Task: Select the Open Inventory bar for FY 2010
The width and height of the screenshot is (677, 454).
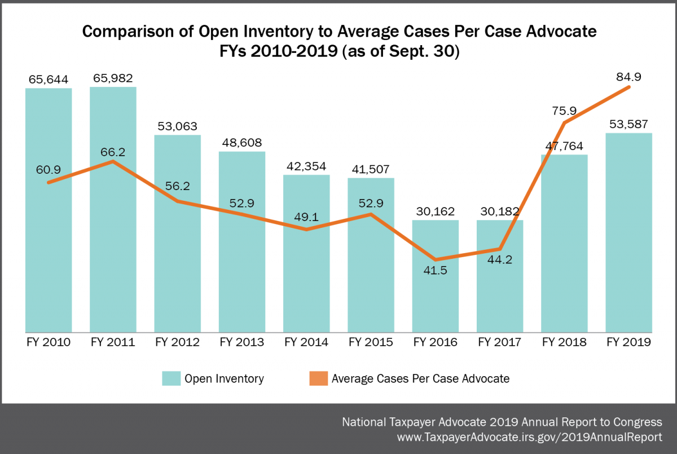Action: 49,254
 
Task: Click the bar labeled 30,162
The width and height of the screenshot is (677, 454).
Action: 436,293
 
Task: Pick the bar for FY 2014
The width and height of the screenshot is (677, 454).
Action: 306,282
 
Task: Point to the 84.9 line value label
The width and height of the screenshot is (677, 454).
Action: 628,76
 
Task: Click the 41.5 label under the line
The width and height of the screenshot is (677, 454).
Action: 436,270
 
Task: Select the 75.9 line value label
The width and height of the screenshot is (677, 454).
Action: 564,112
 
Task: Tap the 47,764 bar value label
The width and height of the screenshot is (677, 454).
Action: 564,145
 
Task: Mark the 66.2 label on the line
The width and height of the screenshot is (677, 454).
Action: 113,151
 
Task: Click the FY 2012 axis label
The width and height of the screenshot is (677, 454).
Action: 177,342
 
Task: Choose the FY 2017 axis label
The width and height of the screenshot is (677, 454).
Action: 499,342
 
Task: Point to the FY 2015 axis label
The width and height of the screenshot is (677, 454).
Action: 371,342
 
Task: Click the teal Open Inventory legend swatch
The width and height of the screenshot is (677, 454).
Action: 171,378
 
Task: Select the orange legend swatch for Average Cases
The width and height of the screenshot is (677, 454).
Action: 317,378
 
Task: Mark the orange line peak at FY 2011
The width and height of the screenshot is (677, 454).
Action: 113,161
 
